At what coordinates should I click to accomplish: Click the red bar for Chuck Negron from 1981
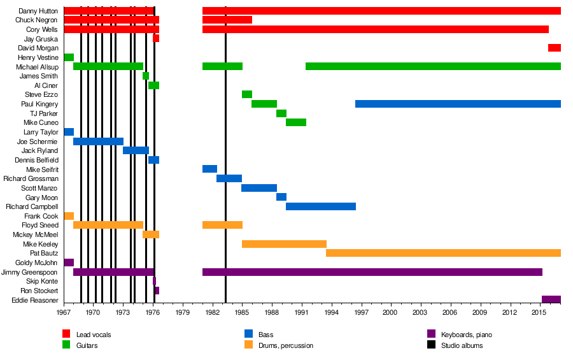coord(227,20)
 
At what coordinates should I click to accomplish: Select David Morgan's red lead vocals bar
coord(555,48)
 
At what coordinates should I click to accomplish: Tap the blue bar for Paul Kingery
coord(458,104)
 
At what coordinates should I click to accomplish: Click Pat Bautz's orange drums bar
coord(443,253)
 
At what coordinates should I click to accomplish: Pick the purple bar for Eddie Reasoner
coord(551,299)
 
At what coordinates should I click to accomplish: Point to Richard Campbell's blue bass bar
coord(321,206)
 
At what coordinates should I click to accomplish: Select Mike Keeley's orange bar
coord(284,244)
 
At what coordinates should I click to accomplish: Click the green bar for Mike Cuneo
coord(296,122)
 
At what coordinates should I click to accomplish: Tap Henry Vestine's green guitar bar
coord(69,57)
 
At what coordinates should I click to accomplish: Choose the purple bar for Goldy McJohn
coord(69,263)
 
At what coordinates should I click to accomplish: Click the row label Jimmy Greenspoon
coord(30,272)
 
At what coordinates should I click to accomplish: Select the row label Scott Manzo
coord(39,188)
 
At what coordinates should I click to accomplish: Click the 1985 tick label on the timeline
coord(242,313)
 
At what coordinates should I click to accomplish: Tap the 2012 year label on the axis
coord(509,313)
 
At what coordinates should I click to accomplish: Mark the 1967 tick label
coord(64,313)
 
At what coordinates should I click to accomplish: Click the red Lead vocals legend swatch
coord(66,334)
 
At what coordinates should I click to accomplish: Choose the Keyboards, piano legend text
coord(466,335)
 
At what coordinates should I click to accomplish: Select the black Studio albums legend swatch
coord(431,345)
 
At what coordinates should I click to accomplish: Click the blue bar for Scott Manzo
coord(259,188)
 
